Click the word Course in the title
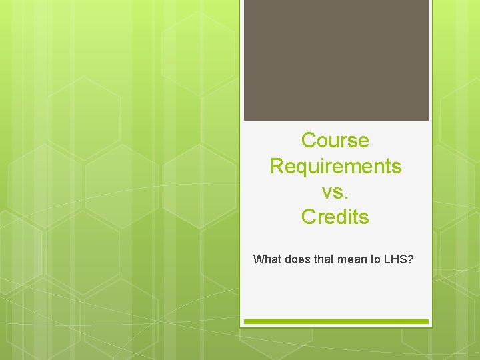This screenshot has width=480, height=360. pos(335,141)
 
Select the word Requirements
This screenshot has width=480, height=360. pos(335,166)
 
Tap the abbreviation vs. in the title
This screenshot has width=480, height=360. pos(335,192)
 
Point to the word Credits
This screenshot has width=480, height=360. pos(335,217)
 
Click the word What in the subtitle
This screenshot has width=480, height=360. pos(267,259)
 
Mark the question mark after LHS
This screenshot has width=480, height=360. pos(411,259)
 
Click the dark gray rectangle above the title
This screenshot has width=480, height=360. pos(336,60)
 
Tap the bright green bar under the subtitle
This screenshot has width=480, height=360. pos(336,321)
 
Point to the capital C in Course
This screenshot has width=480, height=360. pos(309,141)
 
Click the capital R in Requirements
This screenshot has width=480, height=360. pos(277,166)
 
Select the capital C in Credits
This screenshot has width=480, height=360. pos(309,217)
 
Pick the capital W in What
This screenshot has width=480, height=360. pos(259,259)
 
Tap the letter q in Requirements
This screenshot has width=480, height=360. pos(301,167)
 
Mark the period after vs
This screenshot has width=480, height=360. pos(346,197)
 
